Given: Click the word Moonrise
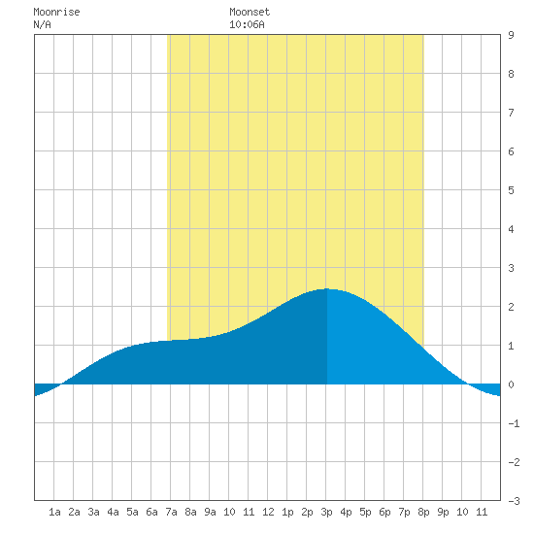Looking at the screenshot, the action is click(56, 13).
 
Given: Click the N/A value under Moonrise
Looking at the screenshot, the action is click(42, 25).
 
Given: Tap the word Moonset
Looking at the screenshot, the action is click(250, 13).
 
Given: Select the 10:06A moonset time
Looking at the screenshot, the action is click(247, 25).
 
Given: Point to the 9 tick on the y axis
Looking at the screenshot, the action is click(511, 35).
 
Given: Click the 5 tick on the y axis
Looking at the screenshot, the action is click(511, 190).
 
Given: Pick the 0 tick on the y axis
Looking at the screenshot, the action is click(511, 384).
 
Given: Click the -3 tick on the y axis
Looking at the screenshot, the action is click(514, 501).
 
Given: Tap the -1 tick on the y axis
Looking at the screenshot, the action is click(514, 423).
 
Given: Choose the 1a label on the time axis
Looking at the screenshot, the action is click(54, 512).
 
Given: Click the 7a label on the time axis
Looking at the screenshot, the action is click(171, 512).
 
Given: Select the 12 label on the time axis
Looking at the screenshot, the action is click(268, 512).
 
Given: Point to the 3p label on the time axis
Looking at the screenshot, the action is click(326, 512).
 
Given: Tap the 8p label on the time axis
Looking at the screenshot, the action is click(423, 512).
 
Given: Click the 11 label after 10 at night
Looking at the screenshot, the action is click(482, 512).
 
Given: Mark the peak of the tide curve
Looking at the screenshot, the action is click(326, 288).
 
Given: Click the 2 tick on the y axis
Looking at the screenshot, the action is click(511, 307).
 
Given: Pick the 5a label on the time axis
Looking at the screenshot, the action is click(132, 512).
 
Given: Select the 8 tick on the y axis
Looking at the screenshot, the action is click(511, 74).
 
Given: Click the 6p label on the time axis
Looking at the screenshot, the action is click(384, 512).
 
